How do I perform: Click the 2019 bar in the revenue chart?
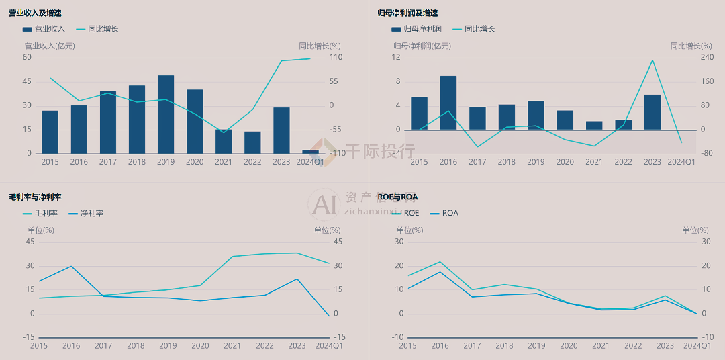166,114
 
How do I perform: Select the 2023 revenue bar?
281,130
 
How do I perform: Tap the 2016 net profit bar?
448,103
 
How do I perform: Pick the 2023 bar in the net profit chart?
652,112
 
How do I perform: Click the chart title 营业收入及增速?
36,13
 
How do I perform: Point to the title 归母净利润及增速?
408,13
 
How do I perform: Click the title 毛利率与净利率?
35,197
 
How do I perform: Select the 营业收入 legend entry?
44,29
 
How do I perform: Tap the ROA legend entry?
444,213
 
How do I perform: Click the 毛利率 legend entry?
40,213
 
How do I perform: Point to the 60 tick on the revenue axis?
28,57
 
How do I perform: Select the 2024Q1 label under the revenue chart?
310,162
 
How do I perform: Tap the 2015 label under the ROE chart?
407,346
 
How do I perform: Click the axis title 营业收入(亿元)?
50,46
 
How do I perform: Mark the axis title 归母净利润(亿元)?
422,46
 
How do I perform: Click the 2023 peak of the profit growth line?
652,60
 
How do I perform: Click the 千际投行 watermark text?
380,151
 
